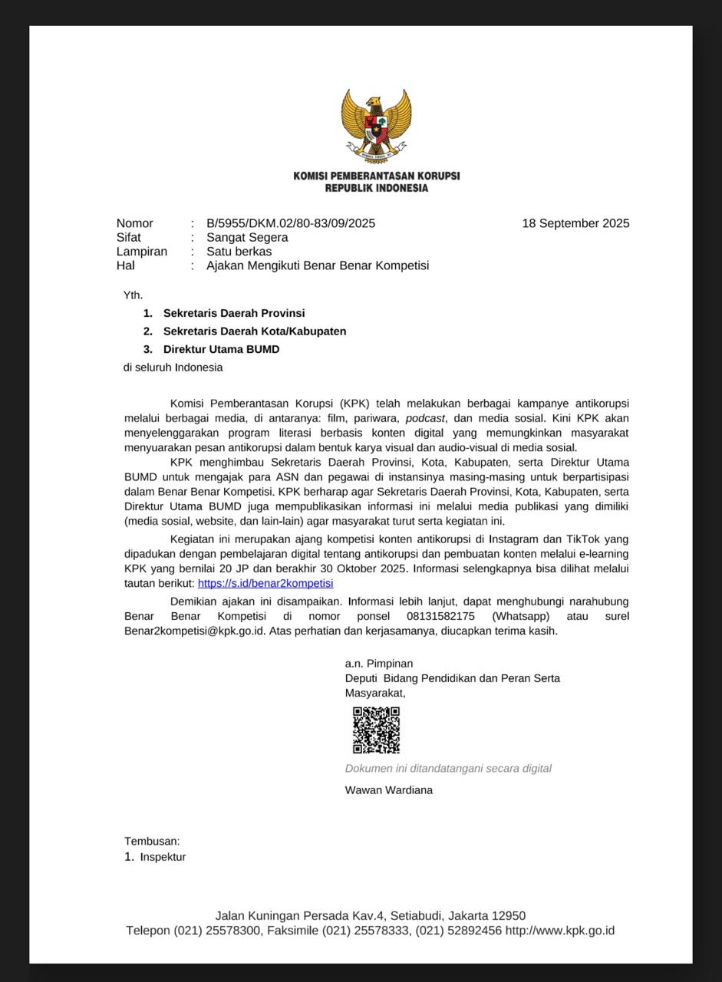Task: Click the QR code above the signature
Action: (x=376, y=730)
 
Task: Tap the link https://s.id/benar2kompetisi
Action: (x=265, y=584)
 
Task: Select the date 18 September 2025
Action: (x=575, y=223)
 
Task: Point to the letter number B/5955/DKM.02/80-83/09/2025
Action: (x=291, y=223)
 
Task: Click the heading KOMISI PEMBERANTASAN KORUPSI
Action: (x=376, y=176)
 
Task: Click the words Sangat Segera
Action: (x=247, y=237)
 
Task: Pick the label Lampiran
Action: (x=142, y=252)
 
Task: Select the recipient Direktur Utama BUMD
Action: (x=221, y=349)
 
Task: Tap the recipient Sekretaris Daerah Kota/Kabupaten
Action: (x=255, y=331)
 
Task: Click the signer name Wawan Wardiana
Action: (x=388, y=790)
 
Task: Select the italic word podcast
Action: (x=425, y=418)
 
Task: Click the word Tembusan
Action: (x=152, y=841)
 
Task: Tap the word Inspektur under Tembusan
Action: (x=163, y=857)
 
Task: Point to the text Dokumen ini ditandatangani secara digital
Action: (x=448, y=768)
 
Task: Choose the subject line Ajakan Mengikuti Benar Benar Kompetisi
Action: (x=318, y=265)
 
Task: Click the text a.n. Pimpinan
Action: (x=379, y=664)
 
